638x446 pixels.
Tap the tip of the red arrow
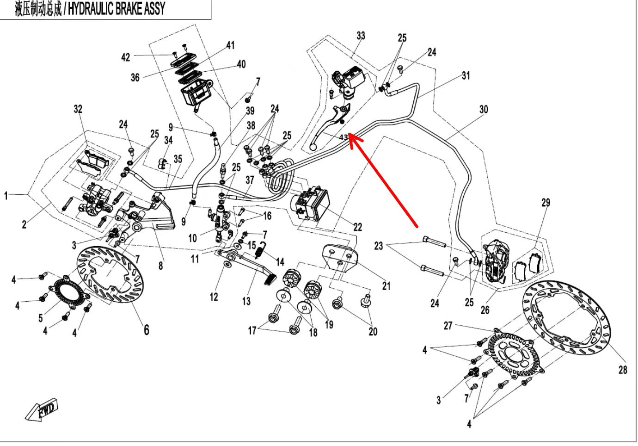350,135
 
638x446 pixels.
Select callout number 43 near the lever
343,137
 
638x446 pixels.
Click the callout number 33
361,36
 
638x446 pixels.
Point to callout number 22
357,227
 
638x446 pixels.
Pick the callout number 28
623,370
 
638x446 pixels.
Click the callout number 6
146,329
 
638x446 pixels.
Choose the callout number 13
246,301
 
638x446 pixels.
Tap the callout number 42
125,57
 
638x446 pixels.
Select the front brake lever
328,125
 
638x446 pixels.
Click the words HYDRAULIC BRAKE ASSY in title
116,9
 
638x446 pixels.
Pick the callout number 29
546,202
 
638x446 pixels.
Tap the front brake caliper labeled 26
497,261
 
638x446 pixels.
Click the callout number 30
483,110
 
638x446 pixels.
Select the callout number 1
6,196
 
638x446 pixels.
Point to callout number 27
448,326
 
